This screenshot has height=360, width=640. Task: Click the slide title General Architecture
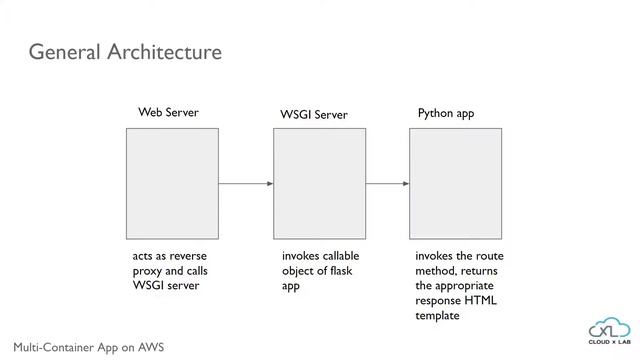coord(125,51)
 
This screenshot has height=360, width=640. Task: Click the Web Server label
coord(168,113)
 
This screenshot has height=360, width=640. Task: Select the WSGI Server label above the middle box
coord(314,115)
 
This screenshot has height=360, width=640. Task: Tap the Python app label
coord(446,113)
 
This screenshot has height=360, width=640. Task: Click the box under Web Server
coord(171,183)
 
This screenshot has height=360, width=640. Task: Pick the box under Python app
coord(455,183)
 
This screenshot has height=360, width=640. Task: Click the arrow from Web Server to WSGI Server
coord(246,184)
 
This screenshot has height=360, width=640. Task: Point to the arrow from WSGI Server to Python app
coord(387,184)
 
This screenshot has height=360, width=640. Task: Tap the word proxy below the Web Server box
coord(149,271)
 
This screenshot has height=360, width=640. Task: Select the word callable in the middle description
coord(341,256)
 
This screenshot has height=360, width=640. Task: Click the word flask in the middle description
coord(341,271)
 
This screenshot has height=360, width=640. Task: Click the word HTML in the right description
coord(479,301)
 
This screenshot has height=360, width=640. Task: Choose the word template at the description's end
coord(438,316)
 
